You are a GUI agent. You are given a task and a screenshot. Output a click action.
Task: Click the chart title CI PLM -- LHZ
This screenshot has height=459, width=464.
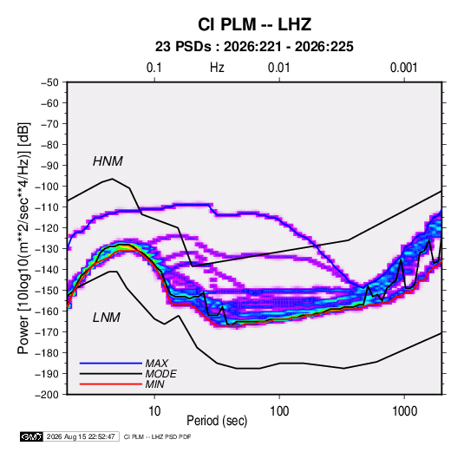254,24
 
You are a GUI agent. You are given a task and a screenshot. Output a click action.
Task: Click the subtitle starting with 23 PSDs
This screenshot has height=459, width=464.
254,47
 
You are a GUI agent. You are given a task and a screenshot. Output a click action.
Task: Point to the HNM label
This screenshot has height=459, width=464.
108,161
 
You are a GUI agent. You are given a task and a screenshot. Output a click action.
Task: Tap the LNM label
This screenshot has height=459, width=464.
107,318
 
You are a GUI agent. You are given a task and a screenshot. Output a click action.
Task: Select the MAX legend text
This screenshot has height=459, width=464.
157,363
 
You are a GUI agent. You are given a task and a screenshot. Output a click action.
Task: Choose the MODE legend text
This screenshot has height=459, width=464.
161,374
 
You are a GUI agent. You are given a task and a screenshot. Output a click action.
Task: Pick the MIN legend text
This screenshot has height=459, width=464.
154,384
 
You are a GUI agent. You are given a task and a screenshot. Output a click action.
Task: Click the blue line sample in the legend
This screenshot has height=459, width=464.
111,363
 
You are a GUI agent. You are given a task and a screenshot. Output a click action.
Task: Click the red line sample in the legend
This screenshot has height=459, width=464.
111,384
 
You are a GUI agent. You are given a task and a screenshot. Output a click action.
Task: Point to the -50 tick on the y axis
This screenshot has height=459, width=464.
49,82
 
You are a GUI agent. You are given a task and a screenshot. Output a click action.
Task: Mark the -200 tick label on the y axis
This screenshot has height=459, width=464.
47,395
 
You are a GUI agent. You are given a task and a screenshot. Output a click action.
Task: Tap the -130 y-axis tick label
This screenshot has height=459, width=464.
47,249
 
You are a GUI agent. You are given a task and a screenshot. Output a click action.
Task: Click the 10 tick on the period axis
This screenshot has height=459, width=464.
154,411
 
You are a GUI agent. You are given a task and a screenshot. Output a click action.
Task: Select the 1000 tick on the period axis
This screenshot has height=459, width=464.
404,411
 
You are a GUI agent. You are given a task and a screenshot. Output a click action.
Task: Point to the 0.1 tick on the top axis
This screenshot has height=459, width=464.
154,68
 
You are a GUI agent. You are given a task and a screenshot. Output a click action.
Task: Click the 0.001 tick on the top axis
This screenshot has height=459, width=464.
403,68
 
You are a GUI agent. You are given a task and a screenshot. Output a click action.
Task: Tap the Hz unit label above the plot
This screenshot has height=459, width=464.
217,68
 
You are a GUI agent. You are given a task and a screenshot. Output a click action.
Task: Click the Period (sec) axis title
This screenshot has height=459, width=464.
217,421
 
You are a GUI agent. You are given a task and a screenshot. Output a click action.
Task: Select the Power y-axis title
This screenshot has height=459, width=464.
23,239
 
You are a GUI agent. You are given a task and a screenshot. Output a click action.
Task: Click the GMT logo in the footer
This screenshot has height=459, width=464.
31,436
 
